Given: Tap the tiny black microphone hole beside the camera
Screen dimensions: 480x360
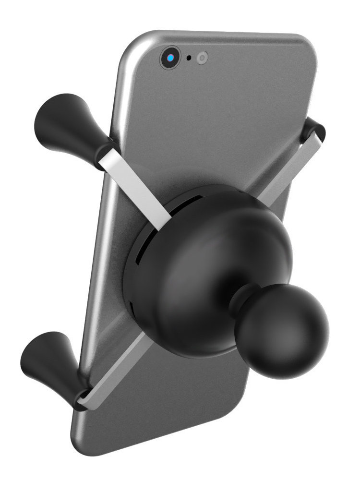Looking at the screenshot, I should [x=189, y=58].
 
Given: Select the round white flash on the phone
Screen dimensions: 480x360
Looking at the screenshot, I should [x=202, y=58].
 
